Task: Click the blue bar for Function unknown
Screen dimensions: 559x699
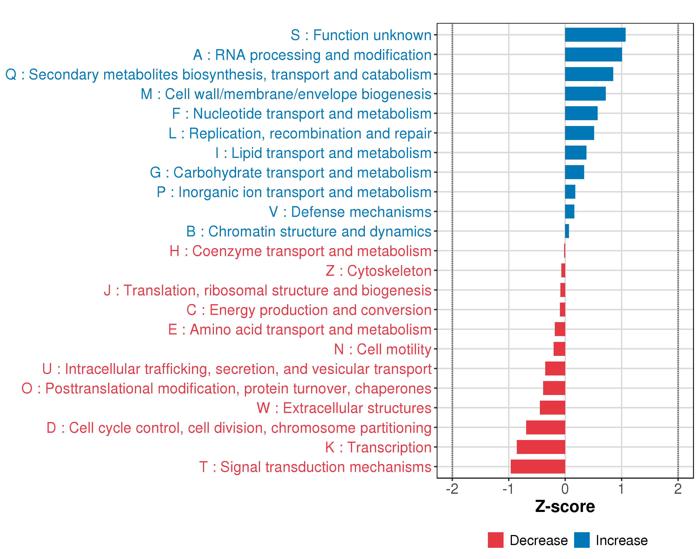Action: click(x=595, y=35)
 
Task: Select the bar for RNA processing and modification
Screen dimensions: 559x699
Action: click(x=593, y=55)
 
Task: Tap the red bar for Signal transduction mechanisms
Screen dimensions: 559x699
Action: click(x=538, y=467)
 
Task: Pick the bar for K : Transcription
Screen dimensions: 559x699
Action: click(x=541, y=447)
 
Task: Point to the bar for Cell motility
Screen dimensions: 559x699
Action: click(x=559, y=349)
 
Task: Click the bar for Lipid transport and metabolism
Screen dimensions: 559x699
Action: click(x=576, y=153)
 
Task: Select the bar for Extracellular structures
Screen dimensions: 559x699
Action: click(x=552, y=408)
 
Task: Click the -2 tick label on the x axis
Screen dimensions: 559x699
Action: click(x=452, y=489)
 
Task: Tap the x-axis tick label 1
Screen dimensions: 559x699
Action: click(x=621, y=489)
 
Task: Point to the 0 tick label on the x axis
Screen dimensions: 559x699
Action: click(x=565, y=489)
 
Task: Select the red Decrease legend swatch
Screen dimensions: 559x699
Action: click(x=495, y=540)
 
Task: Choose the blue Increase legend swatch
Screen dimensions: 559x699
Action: click(x=582, y=540)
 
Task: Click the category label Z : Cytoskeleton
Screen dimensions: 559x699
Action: click(x=378, y=271)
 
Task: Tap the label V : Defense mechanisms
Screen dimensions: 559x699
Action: click(x=350, y=212)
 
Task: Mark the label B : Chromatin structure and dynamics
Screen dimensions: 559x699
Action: click(x=309, y=231)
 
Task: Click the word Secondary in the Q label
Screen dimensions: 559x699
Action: click(x=64, y=75)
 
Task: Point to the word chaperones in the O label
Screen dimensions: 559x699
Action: click(x=393, y=389)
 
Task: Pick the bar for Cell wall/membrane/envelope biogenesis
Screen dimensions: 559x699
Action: click(x=585, y=94)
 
